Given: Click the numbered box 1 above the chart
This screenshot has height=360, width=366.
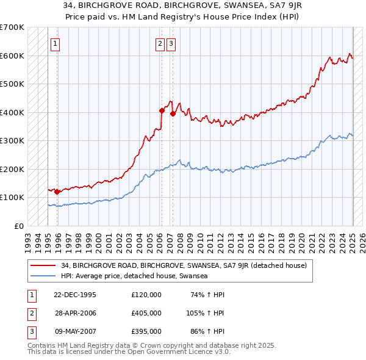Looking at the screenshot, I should pyautogui.click(x=56, y=43).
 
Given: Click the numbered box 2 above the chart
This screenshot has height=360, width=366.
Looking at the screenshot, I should pyautogui.click(x=160, y=43).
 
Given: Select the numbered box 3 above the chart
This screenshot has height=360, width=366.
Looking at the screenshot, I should pyautogui.click(x=171, y=43).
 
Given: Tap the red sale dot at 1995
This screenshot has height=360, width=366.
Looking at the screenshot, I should pyautogui.click(x=57, y=192).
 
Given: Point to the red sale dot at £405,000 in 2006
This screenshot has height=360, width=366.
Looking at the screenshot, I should pyautogui.click(x=162, y=110).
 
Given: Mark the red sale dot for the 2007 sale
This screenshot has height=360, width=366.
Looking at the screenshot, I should pyautogui.click(x=173, y=113).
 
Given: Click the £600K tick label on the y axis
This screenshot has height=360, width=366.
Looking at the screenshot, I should pyautogui.click(x=12, y=56).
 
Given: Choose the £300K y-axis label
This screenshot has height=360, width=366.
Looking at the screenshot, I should pyautogui.click(x=12, y=140).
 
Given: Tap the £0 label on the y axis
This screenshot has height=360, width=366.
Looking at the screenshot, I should pyautogui.click(x=18, y=226).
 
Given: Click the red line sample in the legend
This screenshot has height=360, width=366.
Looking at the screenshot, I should pyautogui.click(x=44, y=265).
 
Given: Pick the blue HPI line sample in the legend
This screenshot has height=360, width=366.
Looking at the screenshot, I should pyautogui.click(x=44, y=276).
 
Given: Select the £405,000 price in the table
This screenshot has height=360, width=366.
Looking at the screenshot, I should pyautogui.click(x=146, y=312).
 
